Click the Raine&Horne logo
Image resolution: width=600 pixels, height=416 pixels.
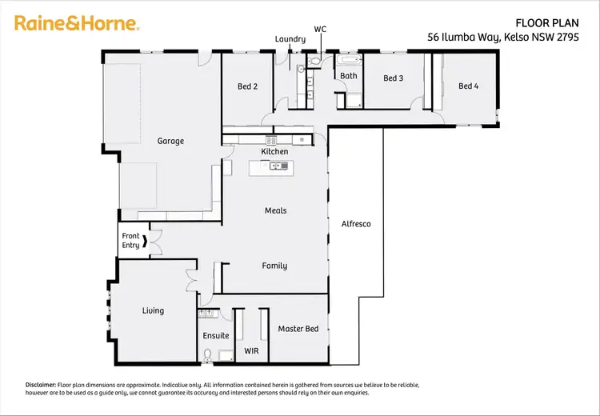point(77,24)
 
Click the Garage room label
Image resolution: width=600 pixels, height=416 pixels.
point(170,141)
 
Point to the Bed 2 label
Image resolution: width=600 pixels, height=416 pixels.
point(248,86)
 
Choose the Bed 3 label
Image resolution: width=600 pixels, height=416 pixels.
point(393,78)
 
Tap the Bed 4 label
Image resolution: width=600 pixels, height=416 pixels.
point(468,86)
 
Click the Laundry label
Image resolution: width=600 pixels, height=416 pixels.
point(290,38)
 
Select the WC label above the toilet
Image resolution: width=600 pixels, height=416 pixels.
point(320,29)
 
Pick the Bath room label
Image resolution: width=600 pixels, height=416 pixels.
point(349,77)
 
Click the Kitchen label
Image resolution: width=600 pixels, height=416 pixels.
point(274,151)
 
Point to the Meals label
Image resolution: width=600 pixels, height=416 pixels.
point(275,210)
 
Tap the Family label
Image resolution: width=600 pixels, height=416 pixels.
point(274,266)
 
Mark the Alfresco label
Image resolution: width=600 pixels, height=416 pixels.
point(356,224)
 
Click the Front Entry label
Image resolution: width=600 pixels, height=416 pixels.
point(130,241)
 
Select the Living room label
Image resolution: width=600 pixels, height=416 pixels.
point(153,310)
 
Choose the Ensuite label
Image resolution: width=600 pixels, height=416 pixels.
point(215,336)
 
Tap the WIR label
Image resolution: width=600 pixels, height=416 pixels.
point(250,351)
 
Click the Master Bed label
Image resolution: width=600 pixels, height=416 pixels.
point(298,329)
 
